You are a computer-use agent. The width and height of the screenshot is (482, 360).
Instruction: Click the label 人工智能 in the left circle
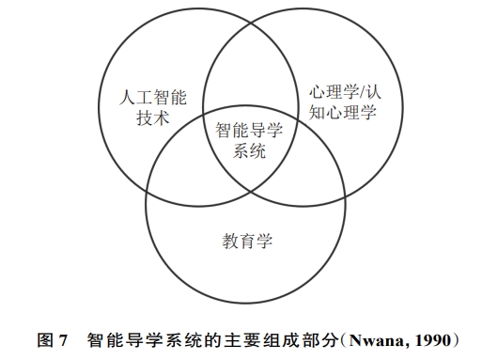click(153, 98)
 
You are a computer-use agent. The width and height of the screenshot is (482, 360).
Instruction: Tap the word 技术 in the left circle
click(153, 118)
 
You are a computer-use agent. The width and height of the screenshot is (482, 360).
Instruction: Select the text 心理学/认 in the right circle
click(345, 92)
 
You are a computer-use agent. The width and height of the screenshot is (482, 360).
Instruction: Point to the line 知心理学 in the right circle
click(343, 112)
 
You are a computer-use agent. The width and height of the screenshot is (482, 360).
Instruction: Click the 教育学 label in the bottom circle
click(247, 241)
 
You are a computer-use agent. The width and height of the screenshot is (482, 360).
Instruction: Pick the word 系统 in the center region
click(249, 150)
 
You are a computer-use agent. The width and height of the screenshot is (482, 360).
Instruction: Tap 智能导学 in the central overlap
click(249, 130)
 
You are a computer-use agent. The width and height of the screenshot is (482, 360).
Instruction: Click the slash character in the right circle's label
click(363, 92)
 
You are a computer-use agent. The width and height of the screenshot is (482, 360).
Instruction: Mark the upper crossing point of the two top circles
click(251, 23)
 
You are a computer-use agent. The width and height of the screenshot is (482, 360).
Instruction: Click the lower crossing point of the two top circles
click(251, 191)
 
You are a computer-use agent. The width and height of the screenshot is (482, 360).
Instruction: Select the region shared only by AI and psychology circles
click(251, 69)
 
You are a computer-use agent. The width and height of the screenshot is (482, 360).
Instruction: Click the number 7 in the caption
click(63, 340)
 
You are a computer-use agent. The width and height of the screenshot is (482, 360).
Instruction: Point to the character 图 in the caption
click(45, 340)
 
